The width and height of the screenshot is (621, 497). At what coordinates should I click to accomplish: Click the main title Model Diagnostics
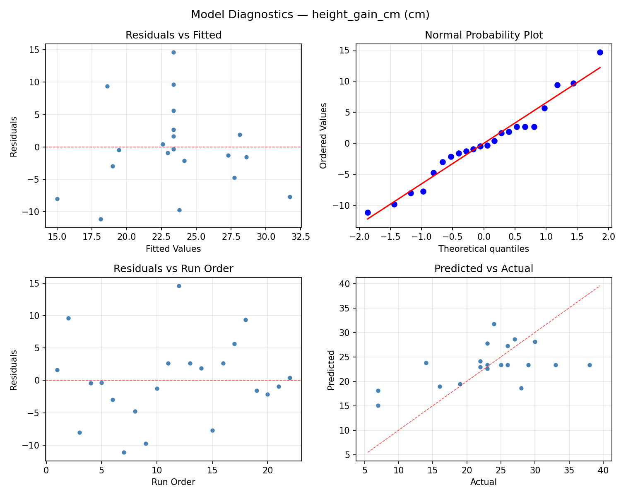(310, 15)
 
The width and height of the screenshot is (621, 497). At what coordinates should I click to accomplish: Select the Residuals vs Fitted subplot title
(173, 35)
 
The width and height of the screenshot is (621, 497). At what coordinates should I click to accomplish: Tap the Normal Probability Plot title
(484, 35)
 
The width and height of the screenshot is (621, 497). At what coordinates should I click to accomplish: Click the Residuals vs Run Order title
(173, 269)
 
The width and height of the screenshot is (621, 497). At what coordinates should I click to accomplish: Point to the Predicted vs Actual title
(484, 269)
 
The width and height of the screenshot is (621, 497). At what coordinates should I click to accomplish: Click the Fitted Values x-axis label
(173, 249)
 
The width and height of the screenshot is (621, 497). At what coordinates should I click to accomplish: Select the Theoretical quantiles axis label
(484, 249)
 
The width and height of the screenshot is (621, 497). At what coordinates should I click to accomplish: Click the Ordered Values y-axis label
(323, 135)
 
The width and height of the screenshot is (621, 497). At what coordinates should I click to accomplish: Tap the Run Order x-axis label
(173, 482)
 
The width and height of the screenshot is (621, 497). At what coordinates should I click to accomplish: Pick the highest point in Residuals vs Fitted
(173, 52)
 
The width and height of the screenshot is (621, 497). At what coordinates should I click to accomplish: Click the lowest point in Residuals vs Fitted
(101, 219)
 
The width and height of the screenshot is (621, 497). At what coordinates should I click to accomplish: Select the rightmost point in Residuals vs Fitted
(290, 197)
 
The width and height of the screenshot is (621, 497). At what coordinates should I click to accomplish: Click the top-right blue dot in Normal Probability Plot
(600, 52)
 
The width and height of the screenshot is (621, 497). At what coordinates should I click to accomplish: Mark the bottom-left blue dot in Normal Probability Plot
(368, 212)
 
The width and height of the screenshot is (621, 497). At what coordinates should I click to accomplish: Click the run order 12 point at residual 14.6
(179, 286)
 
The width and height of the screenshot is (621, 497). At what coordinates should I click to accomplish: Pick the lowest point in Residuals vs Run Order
(124, 452)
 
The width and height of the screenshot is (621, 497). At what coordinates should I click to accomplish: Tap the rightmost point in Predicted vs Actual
(590, 365)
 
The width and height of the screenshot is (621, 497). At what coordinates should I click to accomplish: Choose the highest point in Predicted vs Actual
(494, 324)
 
